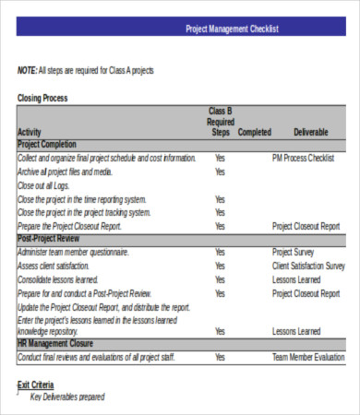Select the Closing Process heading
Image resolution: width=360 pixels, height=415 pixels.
[x=42, y=98]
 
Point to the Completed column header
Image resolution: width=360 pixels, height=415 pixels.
[x=255, y=133]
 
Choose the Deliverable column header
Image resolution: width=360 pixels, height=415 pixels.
[x=310, y=133]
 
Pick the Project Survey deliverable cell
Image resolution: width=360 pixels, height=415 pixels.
[x=294, y=253]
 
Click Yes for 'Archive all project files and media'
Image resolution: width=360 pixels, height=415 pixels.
[x=220, y=172]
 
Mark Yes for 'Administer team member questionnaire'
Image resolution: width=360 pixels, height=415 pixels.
[x=220, y=253]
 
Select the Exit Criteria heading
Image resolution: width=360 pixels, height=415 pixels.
[x=36, y=385]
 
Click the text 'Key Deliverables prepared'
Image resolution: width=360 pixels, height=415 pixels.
[x=67, y=397]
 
